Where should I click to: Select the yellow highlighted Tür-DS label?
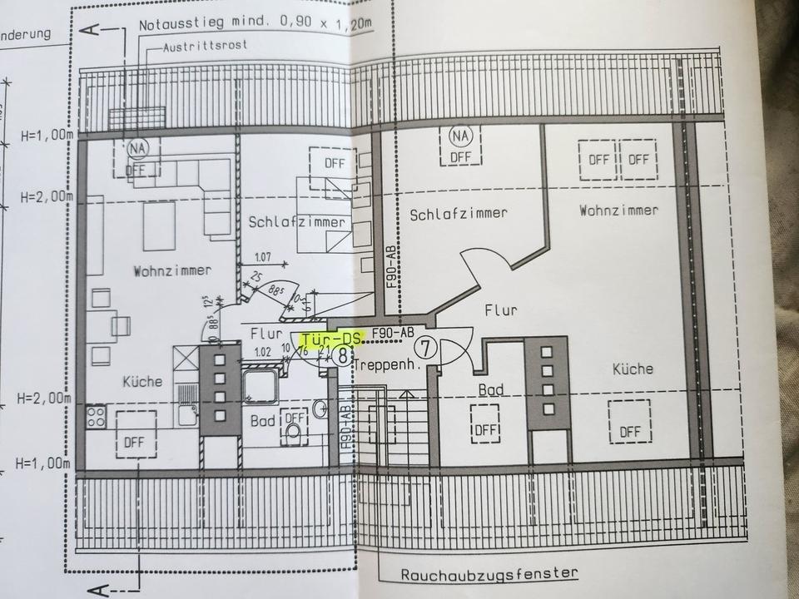point(332,339)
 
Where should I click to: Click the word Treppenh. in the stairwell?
point(385,364)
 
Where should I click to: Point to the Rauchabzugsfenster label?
point(489,575)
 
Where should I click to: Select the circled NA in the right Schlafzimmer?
point(459,136)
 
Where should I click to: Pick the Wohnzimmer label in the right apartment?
point(618,210)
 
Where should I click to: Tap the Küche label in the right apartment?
point(633,369)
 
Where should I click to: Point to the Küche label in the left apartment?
point(142,381)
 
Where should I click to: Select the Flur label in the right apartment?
point(501,310)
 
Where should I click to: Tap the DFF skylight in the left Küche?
point(134,442)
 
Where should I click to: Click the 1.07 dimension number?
point(262,256)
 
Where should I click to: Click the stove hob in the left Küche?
point(95,416)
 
